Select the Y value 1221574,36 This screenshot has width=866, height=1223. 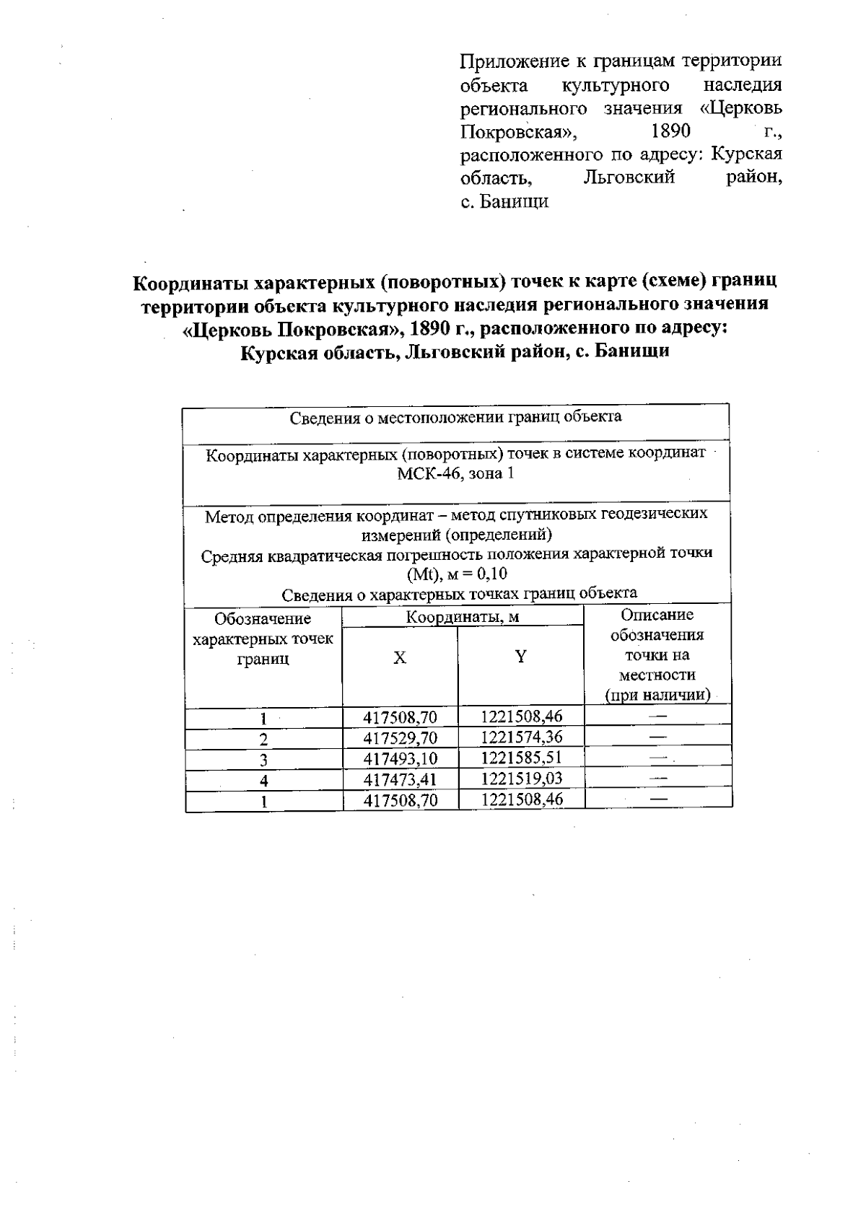[521, 737]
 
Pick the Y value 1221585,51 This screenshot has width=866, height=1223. [521, 758]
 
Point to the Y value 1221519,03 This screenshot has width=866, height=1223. [521, 779]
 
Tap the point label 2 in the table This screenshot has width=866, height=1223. [264, 739]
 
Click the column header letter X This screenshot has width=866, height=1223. [399, 658]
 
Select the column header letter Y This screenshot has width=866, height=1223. [520, 656]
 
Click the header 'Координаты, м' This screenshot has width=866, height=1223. [463, 618]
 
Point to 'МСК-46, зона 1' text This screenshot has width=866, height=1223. [455, 474]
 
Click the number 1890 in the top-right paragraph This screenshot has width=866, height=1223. [670, 131]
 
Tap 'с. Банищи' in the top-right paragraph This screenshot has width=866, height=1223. [504, 201]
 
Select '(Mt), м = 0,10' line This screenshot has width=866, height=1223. [456, 574]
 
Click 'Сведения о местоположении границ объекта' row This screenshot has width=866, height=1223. [455, 417]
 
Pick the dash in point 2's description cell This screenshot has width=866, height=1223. [657, 737]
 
